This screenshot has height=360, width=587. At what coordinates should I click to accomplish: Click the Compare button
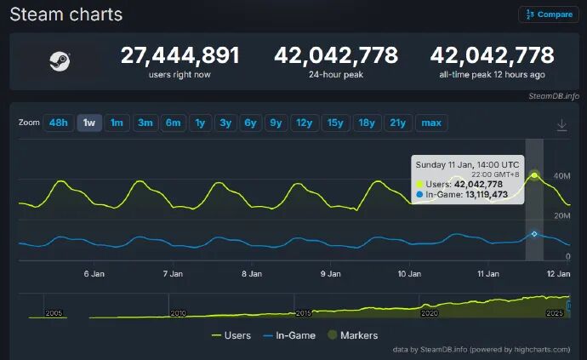tap(549, 14)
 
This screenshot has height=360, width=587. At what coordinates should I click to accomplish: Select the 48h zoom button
tap(59, 123)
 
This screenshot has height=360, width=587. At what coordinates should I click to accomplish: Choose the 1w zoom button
tap(89, 123)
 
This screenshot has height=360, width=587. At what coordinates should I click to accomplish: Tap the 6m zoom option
tap(173, 123)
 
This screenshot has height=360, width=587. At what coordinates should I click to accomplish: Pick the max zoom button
tap(431, 123)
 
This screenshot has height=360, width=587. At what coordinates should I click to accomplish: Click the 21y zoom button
tap(397, 123)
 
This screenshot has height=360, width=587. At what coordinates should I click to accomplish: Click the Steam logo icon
tap(60, 61)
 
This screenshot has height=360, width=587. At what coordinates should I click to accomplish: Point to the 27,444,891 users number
tap(180, 55)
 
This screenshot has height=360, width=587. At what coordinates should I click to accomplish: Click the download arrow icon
tap(561, 125)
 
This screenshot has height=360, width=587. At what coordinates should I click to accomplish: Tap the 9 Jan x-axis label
tap(331, 274)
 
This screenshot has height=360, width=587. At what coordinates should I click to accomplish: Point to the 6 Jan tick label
tap(94, 274)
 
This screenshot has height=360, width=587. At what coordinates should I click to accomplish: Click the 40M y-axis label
tap(562, 175)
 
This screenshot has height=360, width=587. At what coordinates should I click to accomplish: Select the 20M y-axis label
tap(562, 216)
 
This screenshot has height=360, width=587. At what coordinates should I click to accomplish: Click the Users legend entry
tap(231, 335)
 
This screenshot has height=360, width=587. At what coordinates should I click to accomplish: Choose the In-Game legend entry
tap(289, 335)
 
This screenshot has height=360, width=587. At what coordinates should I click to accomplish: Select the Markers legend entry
tap(353, 335)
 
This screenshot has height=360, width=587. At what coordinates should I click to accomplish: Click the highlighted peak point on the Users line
tap(534, 175)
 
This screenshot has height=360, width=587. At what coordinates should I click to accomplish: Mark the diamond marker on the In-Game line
tap(534, 234)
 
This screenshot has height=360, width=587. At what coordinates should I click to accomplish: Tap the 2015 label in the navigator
tap(303, 313)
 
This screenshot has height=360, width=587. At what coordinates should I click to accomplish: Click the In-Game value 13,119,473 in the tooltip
tap(487, 194)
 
